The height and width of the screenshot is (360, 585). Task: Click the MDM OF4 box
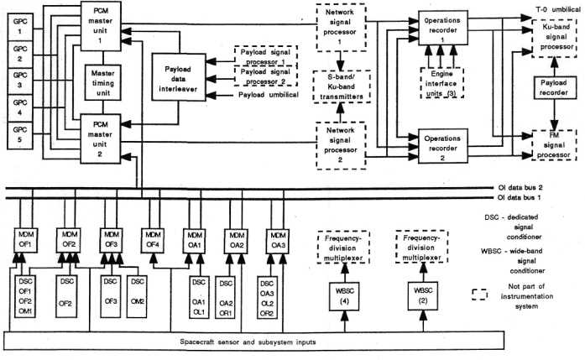click(152, 237)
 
